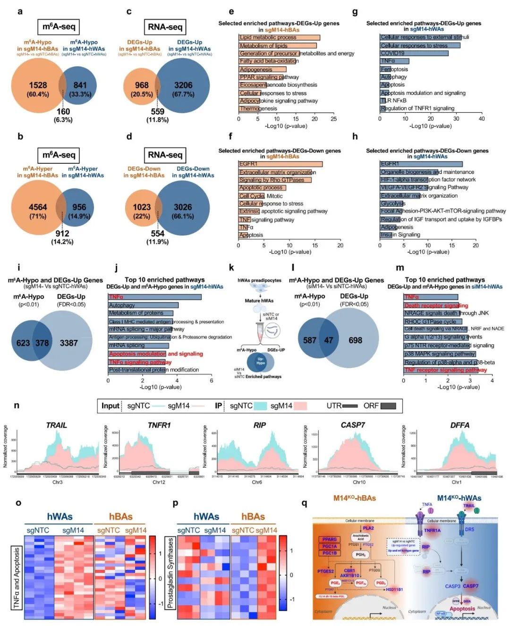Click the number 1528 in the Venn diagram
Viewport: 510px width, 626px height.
coord(38,85)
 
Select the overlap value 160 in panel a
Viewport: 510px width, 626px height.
coord(63,112)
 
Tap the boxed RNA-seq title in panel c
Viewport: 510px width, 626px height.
coord(165,27)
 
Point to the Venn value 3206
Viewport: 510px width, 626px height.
coord(183,85)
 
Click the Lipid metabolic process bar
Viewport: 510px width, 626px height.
coord(279,37)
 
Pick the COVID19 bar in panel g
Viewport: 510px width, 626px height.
coord(414,53)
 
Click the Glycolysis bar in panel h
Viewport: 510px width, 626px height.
coord(392,203)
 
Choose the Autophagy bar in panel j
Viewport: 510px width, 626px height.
coord(143,305)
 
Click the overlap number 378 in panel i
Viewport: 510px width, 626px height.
coord(42,343)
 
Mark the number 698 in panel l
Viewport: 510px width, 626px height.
coord(355,340)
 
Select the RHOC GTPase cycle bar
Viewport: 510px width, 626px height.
coord(433,321)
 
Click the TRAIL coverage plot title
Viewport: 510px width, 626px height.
coord(56,425)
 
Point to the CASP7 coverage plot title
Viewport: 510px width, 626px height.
coord(353,425)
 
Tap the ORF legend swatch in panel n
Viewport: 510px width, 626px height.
coord(388,406)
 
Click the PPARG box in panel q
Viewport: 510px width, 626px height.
coord(330,540)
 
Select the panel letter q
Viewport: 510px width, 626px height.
coord(304,503)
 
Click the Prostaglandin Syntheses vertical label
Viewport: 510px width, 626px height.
coord(170,573)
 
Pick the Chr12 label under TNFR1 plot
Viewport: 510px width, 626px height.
coord(159,482)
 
